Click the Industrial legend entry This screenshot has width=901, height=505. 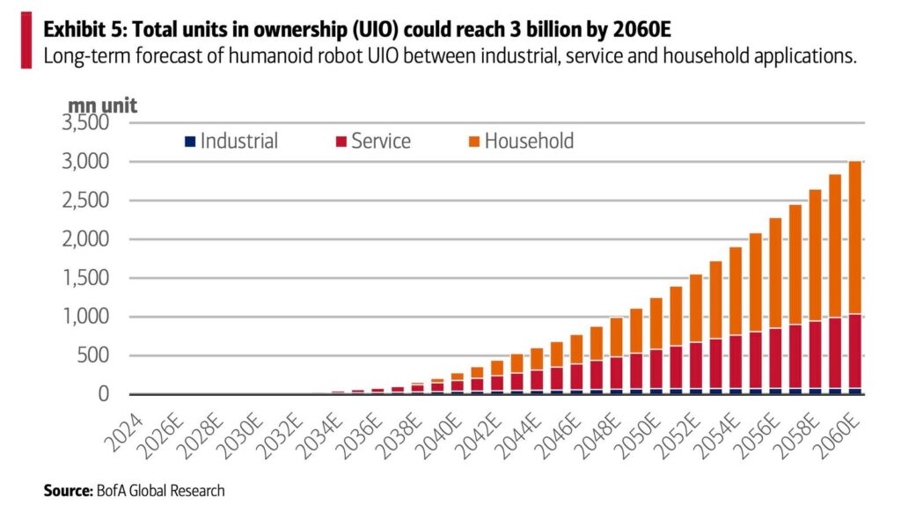pyautogui.click(x=231, y=142)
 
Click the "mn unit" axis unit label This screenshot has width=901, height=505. pyautogui.click(x=102, y=104)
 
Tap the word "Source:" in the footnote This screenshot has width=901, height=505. pyautogui.click(x=67, y=490)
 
